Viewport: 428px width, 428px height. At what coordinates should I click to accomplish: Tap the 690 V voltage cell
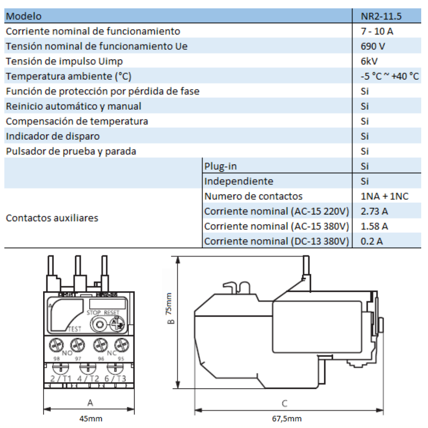373,46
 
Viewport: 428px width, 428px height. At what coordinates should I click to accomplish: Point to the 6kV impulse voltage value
369,61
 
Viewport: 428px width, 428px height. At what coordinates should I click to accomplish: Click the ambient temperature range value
389,76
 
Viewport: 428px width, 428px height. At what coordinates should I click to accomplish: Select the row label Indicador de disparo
52,136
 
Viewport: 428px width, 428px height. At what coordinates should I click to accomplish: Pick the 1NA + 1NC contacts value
384,196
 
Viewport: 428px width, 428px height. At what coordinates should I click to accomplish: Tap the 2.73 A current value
374,211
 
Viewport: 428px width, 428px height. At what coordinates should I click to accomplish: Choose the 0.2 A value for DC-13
371,241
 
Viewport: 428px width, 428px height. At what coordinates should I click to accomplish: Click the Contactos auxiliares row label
52,218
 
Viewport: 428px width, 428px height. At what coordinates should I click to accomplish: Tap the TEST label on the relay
75,329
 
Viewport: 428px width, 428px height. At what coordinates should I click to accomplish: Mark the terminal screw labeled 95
121,344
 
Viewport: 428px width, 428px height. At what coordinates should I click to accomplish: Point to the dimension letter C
284,403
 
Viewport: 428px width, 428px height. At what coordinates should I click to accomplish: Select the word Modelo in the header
24,16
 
